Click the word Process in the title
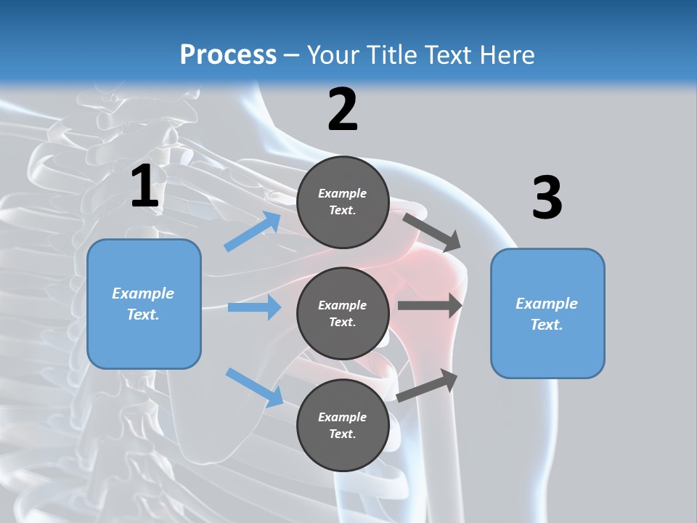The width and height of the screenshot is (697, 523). [x=228, y=55]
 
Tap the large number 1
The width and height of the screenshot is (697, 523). [x=144, y=187]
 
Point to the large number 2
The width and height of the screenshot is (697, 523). [x=343, y=110]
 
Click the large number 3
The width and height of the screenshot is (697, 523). [x=547, y=198]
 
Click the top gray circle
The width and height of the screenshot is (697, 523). [x=343, y=202]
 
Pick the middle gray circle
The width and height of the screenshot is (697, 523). [x=343, y=313]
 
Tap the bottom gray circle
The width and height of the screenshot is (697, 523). [x=343, y=425]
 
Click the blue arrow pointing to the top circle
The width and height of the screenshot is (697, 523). [x=253, y=232]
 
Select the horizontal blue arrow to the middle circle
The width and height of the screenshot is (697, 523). [x=254, y=307]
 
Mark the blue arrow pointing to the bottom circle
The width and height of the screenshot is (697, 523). [x=254, y=387]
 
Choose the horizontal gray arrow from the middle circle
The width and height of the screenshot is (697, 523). [x=430, y=306]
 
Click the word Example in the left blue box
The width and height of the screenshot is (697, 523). [x=143, y=293]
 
